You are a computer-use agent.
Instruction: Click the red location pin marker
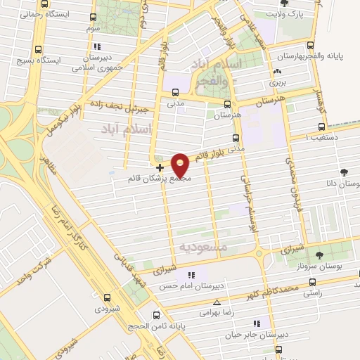(181, 165)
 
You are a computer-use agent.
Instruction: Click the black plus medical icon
(160, 167)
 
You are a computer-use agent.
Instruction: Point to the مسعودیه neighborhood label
(205, 247)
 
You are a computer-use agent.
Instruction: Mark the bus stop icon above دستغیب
(321, 127)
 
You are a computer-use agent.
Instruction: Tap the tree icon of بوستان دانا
(344, 172)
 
